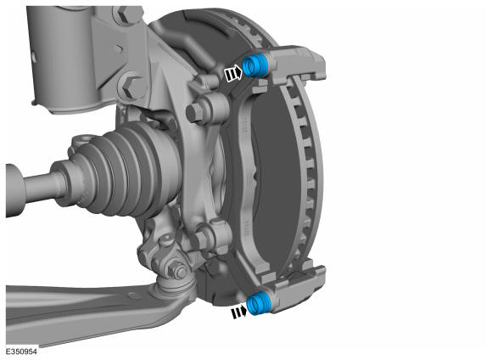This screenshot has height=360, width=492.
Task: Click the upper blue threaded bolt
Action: [x=254, y=65]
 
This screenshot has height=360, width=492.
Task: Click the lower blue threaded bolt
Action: [x=258, y=303]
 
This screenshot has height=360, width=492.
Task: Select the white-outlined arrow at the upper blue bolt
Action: [x=233, y=73]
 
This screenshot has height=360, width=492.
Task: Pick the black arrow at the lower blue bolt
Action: [x=238, y=312]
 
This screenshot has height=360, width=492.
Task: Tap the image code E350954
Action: [x=21, y=352]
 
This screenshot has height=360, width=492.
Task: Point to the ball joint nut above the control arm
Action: [x=176, y=269]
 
